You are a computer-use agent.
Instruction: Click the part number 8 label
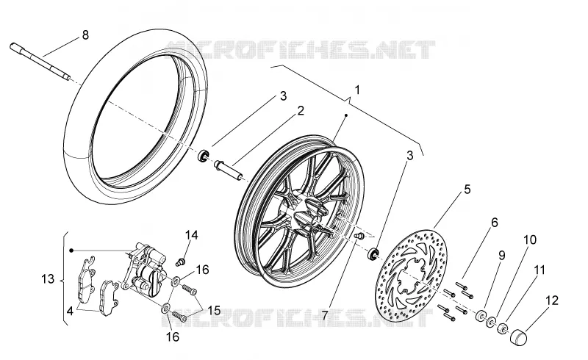(85, 35)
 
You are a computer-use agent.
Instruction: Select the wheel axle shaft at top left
(40, 62)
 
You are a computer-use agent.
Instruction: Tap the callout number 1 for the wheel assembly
(357, 90)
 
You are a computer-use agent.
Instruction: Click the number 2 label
(301, 111)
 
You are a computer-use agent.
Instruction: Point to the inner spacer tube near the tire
(229, 170)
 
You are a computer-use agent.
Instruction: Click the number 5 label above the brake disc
(467, 190)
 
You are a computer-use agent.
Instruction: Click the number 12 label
(552, 300)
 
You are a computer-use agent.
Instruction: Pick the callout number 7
(325, 315)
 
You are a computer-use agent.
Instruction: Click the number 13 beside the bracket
(48, 279)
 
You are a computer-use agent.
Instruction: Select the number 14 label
(191, 235)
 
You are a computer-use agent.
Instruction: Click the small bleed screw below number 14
(181, 262)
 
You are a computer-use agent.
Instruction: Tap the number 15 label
(214, 311)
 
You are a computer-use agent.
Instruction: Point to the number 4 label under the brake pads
(70, 312)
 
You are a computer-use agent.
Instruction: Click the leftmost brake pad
(86, 279)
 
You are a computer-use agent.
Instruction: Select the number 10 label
(530, 240)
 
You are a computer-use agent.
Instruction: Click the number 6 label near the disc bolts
(495, 223)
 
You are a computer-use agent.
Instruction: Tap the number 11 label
(539, 270)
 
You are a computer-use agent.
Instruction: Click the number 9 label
(502, 256)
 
